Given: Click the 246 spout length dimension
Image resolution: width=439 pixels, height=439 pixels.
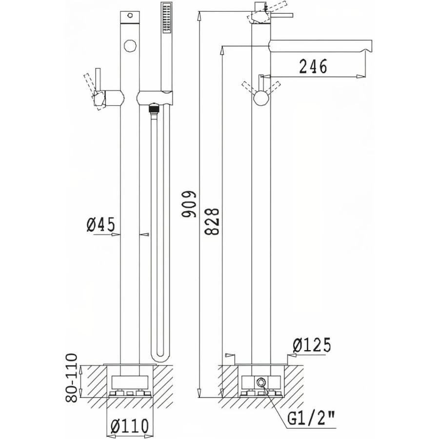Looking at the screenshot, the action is (313, 66).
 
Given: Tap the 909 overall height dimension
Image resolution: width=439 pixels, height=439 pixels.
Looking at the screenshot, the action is (189, 204).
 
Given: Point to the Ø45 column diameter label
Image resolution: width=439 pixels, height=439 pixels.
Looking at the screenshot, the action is (101, 224).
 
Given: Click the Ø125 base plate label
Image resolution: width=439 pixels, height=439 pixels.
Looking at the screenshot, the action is (312, 345).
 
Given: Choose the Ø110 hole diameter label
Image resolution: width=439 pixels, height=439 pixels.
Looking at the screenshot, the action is (129, 426).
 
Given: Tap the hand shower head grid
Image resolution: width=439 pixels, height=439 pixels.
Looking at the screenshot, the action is (166, 17).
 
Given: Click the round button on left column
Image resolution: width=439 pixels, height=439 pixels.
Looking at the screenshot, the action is (130, 45).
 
